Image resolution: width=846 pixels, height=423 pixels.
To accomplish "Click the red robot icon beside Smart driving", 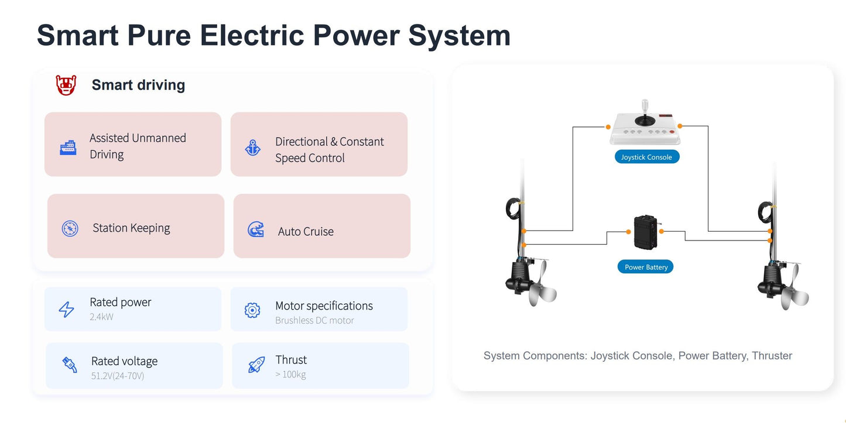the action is (66, 85).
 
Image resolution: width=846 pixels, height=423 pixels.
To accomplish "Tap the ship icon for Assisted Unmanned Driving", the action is (68, 147).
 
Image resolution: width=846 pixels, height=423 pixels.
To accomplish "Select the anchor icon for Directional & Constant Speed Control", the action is (253, 147).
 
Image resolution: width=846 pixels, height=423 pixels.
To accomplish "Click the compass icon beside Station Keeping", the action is (70, 228).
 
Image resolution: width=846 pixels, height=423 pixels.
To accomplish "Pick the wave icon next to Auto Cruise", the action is (256, 229).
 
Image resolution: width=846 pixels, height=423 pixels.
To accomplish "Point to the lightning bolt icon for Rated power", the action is (67, 309).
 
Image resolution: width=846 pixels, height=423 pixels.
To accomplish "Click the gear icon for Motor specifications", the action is (252, 310).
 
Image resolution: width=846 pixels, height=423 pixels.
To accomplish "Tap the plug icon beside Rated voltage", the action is (70, 365).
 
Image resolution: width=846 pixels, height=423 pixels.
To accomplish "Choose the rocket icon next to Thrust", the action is (256, 364).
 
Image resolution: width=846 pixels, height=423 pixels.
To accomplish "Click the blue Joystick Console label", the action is (647, 157).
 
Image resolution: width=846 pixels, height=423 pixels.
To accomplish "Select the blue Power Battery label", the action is (646, 267).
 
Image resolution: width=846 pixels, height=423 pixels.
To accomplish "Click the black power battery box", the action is (646, 232).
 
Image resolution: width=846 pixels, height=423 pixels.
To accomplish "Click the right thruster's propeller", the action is (794, 288).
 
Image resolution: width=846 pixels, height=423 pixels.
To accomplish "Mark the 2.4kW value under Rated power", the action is (101, 317).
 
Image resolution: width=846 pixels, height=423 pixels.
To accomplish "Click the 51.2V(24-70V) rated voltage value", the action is (118, 376).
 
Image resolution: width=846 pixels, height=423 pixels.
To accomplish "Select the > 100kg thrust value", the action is (290, 374).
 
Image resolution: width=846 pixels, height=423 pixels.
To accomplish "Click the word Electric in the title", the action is (252, 36).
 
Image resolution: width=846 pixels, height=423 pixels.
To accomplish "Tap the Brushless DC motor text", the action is (314, 321).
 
